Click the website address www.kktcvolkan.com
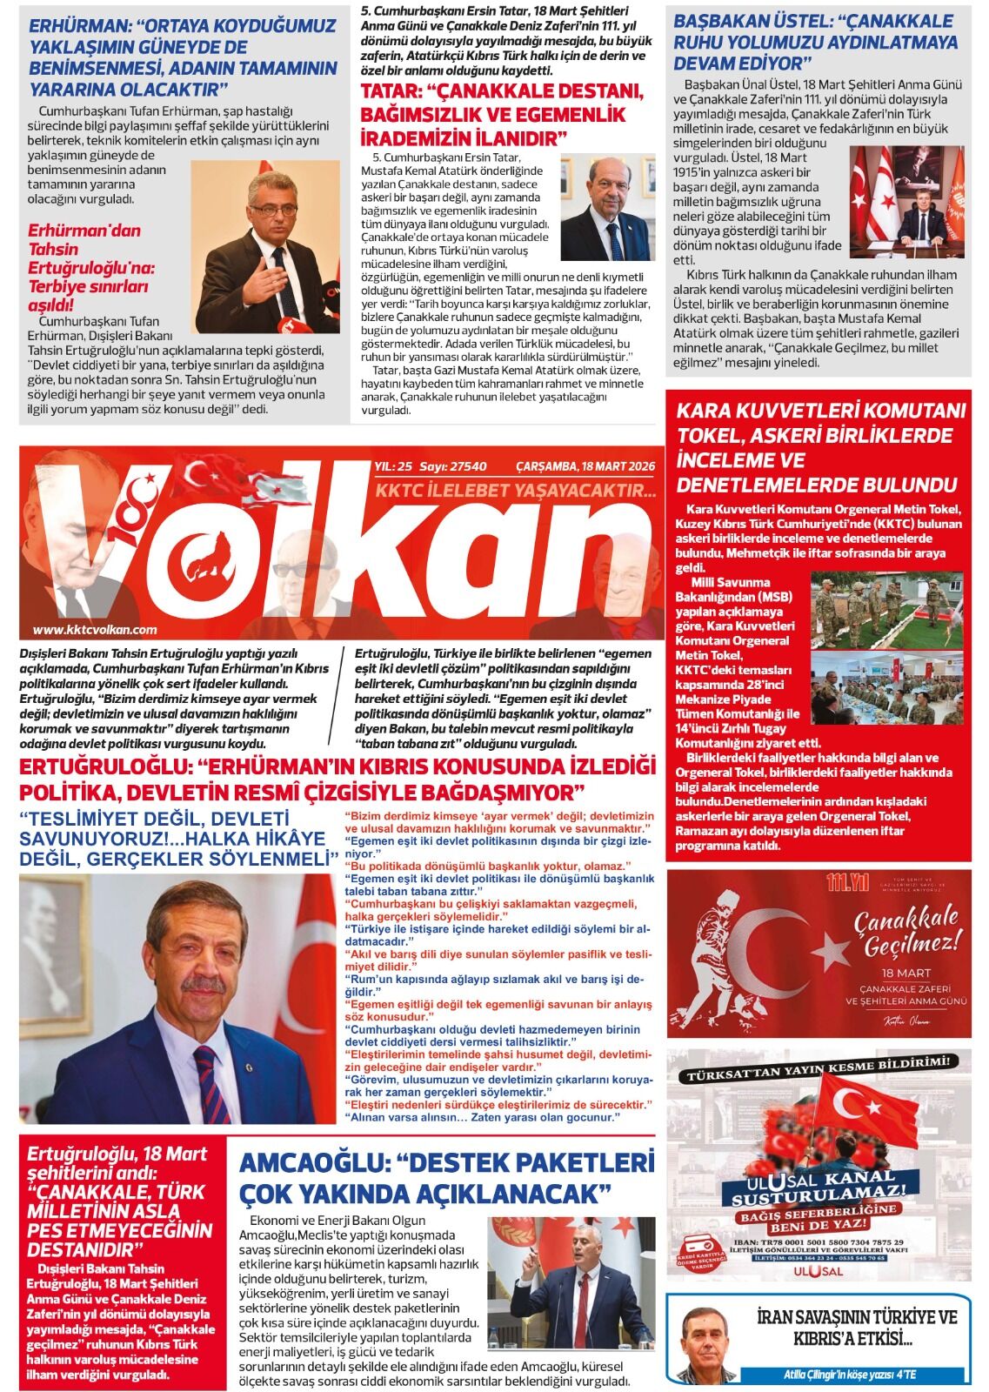coord(95,630)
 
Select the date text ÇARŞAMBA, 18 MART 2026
coord(585,465)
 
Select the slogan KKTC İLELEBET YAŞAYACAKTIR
coord(515,492)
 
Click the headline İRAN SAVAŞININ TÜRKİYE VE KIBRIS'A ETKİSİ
coord(856,1326)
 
